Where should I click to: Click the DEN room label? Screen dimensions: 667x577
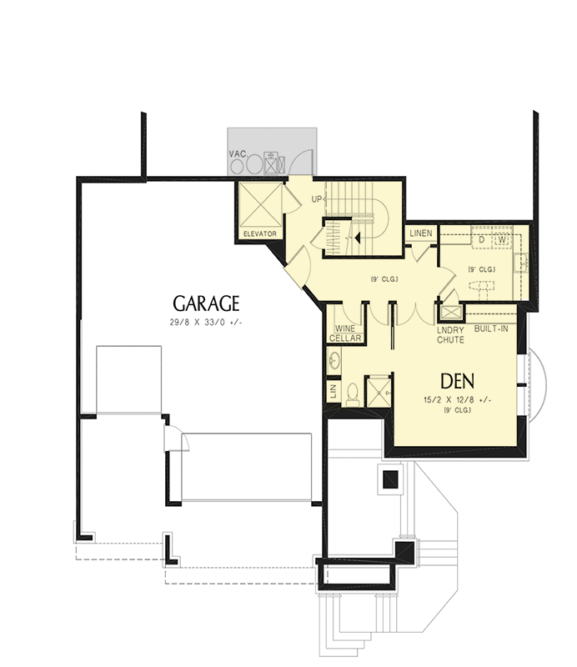tap(458, 381)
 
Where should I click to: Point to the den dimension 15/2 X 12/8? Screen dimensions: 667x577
tap(458, 399)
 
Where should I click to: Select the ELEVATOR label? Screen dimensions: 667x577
tap(258, 233)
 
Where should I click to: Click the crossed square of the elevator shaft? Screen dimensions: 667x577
tap(258, 204)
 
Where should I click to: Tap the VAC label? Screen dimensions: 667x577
tap(237, 154)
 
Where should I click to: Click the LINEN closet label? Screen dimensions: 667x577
tap(421, 233)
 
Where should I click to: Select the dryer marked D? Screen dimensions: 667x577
tap(482, 238)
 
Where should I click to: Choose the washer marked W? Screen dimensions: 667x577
tap(502, 238)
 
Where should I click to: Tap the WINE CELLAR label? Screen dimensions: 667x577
tap(347, 333)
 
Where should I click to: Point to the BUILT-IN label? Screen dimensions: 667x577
tap(490, 329)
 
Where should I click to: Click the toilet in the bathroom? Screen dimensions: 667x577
tap(352, 392)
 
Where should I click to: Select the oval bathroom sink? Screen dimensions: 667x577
tap(334, 361)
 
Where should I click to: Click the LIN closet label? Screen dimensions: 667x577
tap(334, 391)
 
